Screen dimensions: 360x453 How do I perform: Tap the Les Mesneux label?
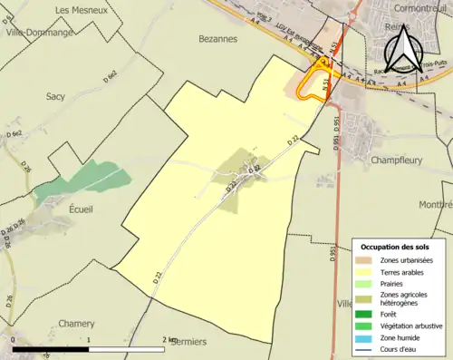77,10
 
